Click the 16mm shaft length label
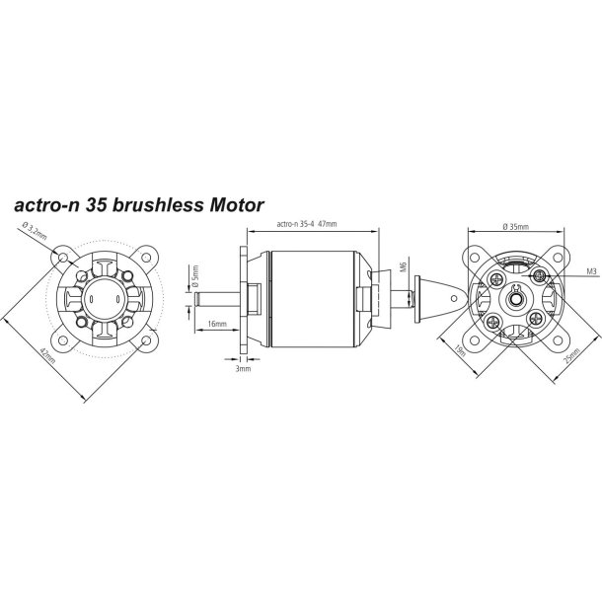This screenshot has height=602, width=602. point(219,323)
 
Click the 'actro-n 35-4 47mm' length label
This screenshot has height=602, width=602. point(308,224)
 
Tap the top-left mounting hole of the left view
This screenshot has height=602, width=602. point(63,257)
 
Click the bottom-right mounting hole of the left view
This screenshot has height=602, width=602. point(146,340)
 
